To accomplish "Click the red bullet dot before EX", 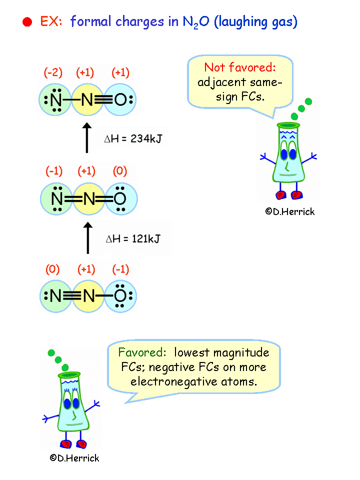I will tap(28, 22).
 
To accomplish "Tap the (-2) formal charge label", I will tap(53, 73).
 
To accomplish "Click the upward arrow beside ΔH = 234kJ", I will tap(87, 137).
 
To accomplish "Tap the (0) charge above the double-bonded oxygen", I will tap(119, 171).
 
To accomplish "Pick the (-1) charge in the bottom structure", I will tap(119, 269).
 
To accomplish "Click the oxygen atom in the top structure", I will tap(120, 100).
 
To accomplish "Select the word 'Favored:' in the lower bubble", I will tap(142, 352).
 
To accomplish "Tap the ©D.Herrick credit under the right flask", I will tap(290, 211).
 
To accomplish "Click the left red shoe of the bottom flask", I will tap(65, 442).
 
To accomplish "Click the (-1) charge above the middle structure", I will tap(54, 171).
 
